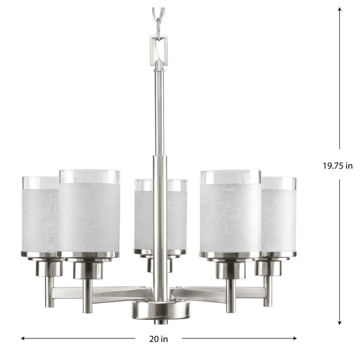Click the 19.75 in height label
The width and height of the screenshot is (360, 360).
pos(338,166)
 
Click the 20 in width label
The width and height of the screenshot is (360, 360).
pos(159,338)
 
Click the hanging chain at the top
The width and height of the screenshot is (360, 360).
pos(159,18)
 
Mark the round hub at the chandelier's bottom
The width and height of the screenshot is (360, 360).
pos(159,310)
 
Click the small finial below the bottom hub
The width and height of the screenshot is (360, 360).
pos(159,322)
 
